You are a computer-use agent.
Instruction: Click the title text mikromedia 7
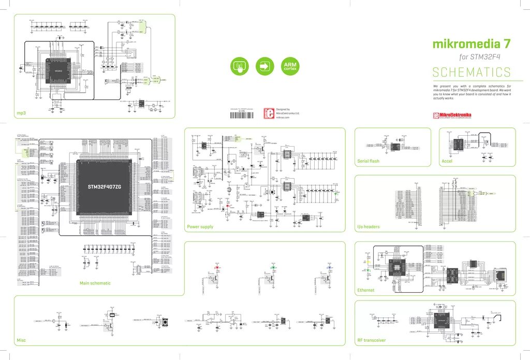tap(472, 45)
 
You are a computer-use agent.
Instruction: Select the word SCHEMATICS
tap(472, 72)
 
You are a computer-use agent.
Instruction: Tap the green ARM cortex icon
tap(290, 66)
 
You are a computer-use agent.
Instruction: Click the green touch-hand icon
tap(239, 66)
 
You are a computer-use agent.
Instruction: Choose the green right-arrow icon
tap(264, 66)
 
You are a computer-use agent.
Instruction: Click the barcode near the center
tap(242, 114)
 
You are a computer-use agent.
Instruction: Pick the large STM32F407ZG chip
tap(104, 186)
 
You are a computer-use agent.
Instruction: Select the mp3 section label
tap(21, 113)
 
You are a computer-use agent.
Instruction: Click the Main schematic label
tap(95, 283)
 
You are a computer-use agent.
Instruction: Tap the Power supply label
tap(200, 227)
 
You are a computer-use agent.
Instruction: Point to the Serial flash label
tap(368, 161)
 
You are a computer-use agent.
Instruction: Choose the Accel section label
tap(447, 161)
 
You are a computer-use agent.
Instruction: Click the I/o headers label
tap(368, 227)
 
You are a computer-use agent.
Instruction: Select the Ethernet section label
tap(366, 290)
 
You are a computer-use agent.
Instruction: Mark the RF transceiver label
tap(371, 340)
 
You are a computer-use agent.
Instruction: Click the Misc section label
tap(21, 340)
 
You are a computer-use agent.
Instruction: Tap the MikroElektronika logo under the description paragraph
tap(452, 116)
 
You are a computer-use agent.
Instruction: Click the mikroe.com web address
tap(283, 118)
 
